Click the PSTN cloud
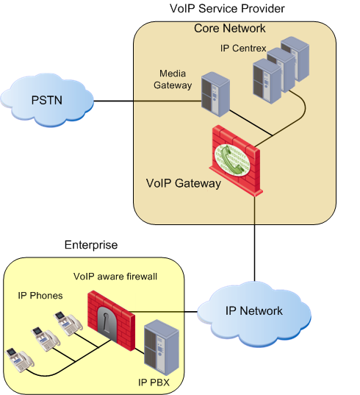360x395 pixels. coord(47,100)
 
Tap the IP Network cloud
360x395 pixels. coord(254,314)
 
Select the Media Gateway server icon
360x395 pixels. coord(215,94)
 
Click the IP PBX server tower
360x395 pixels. coord(161,347)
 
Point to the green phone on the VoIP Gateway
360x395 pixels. coord(232,160)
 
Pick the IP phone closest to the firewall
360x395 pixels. coord(68,323)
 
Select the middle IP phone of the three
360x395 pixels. coord(46,339)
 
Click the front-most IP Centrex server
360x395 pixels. coord(267,81)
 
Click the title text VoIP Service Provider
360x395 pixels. coord(227,9)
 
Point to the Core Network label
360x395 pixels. coord(230,28)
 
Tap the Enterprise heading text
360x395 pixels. coord(91,245)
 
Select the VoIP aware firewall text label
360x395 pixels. coord(115,277)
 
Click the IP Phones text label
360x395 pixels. coord(40,296)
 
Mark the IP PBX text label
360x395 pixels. coord(154,382)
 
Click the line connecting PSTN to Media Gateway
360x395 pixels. coord(148,101)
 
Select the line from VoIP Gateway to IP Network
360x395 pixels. coord(254,238)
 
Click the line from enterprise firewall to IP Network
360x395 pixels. coord(164,312)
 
